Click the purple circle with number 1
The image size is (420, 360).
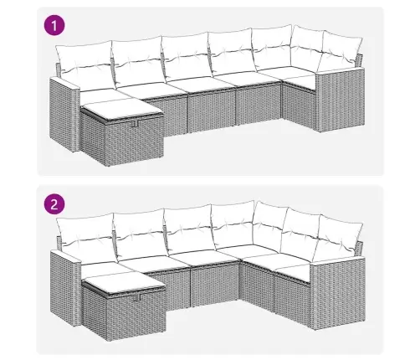(x=54, y=25)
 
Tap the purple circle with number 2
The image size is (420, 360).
(x=54, y=204)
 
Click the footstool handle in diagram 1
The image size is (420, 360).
(x=135, y=123)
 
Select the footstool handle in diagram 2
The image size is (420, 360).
(x=137, y=298)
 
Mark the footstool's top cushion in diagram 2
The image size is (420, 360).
(x=125, y=283)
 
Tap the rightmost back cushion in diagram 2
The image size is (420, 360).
(x=341, y=237)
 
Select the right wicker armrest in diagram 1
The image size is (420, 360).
(x=341, y=99)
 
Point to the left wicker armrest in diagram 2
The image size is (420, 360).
(x=64, y=287)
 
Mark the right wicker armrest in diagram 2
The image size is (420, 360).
(x=338, y=293)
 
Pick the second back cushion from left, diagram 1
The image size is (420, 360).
(x=136, y=60)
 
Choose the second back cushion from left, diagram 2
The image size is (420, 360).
(x=140, y=234)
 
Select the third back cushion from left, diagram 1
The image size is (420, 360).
(x=187, y=56)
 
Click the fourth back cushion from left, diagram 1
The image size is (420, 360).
(x=232, y=51)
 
